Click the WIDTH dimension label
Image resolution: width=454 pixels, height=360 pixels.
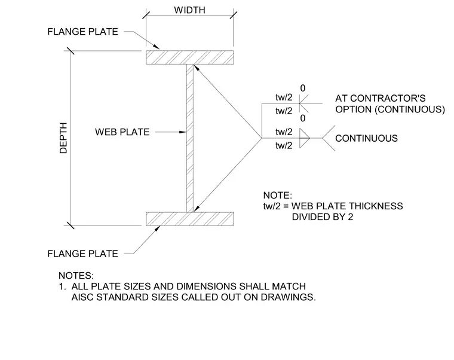[x=189, y=10]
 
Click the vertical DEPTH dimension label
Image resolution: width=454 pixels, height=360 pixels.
[x=63, y=138]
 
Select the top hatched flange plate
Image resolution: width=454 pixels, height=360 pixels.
[x=189, y=57]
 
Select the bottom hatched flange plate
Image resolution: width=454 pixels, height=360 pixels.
[x=189, y=219]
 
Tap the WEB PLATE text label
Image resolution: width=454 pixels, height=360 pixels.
[x=122, y=132]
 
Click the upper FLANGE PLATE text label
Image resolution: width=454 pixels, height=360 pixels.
[x=83, y=32]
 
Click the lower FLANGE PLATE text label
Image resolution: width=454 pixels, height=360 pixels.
[x=83, y=254]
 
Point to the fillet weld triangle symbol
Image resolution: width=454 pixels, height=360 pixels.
[x=304, y=138]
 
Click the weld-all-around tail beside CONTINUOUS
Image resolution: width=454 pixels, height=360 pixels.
[x=329, y=138]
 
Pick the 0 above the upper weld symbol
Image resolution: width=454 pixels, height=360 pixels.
[x=303, y=88]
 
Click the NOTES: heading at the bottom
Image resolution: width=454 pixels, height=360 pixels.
[x=76, y=275]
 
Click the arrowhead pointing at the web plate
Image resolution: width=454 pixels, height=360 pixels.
[x=182, y=132]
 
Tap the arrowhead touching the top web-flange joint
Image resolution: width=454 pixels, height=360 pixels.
[x=196, y=68]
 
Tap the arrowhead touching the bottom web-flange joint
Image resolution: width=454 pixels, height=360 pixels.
[x=197, y=209]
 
